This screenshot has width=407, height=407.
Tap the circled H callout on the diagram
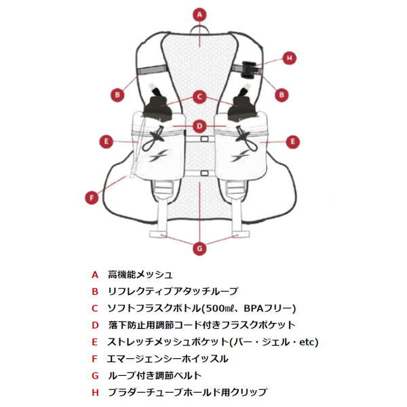[x=289, y=58]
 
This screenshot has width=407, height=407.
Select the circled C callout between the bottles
[x=199, y=97]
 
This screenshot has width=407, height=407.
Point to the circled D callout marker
[x=199, y=125]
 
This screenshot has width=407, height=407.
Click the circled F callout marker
[x=92, y=198]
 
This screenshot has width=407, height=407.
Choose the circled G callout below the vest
[x=199, y=248]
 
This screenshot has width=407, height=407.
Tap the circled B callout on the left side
[x=117, y=94]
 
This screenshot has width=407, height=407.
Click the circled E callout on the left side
[x=105, y=142]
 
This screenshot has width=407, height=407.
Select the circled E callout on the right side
[x=292, y=142]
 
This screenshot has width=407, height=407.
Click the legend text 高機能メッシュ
[x=140, y=275]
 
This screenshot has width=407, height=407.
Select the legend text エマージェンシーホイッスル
[x=168, y=358]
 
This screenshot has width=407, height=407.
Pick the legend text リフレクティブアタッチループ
[x=173, y=291]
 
